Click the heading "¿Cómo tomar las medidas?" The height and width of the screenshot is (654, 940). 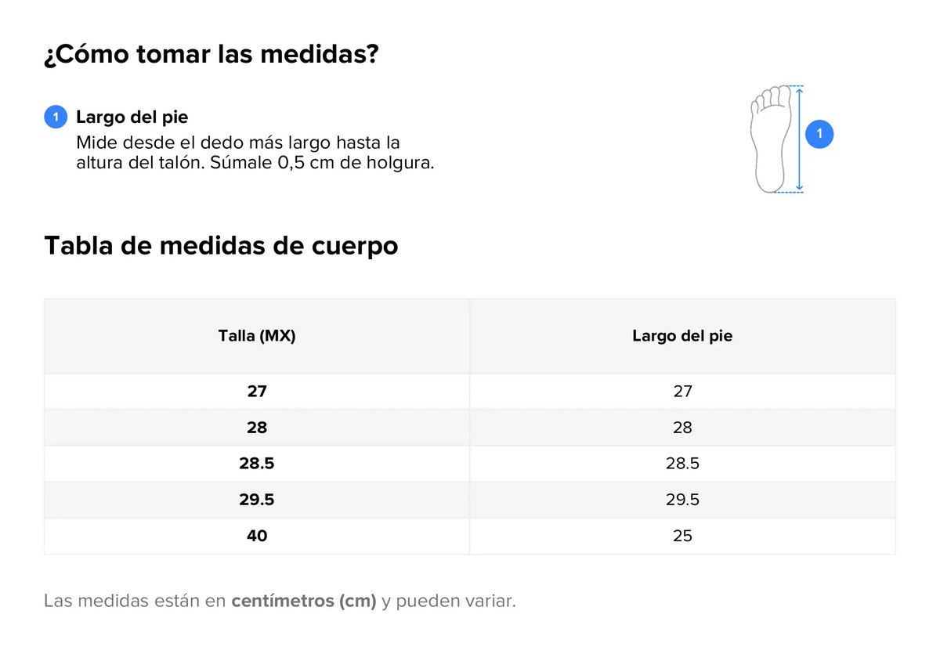click(x=211, y=55)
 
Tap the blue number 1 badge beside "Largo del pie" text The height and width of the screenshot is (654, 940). click(x=56, y=117)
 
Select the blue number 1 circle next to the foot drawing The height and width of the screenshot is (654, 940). click(x=819, y=134)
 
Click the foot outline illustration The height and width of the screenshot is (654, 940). click(x=771, y=139)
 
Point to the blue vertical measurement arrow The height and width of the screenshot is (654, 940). click(x=800, y=139)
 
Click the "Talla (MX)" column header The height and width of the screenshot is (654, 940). click(x=257, y=335)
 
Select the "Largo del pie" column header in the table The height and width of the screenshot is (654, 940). click(x=682, y=335)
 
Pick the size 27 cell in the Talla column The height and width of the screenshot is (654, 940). click(x=257, y=391)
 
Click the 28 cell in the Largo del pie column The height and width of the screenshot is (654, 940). click(x=682, y=428)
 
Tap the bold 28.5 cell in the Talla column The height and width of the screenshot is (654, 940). click(x=257, y=463)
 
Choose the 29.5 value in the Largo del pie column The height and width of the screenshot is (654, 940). click(x=682, y=499)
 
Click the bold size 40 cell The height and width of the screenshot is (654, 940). click(x=257, y=535)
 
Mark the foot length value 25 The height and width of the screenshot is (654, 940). click(x=682, y=535)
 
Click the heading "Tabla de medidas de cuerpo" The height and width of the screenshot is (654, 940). click(x=221, y=246)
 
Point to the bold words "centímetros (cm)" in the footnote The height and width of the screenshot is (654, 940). click(x=304, y=601)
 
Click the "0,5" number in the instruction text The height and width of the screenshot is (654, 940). click(x=291, y=163)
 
